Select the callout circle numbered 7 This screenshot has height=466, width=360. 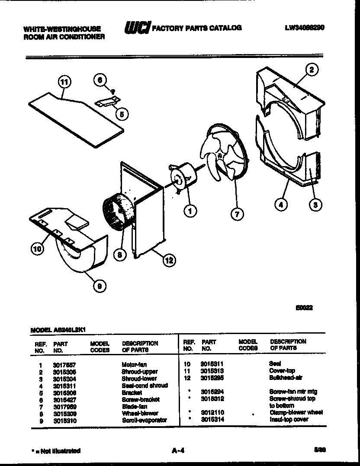pos(237,214)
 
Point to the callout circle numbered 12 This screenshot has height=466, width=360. pos(169,260)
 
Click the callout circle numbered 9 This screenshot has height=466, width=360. pos(100,285)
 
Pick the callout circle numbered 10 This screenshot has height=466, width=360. pos(38,248)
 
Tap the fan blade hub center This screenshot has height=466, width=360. pos(220,154)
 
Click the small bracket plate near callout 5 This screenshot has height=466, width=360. pos(106,102)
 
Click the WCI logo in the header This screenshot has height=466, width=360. pos(137,29)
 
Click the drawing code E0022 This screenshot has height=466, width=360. pos(304,308)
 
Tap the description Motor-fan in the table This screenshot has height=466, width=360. pos(134,365)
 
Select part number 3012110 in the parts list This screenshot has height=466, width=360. pos(212,413)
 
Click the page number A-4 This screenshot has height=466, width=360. pos(178,450)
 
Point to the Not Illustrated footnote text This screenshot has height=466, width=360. pos(56,451)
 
